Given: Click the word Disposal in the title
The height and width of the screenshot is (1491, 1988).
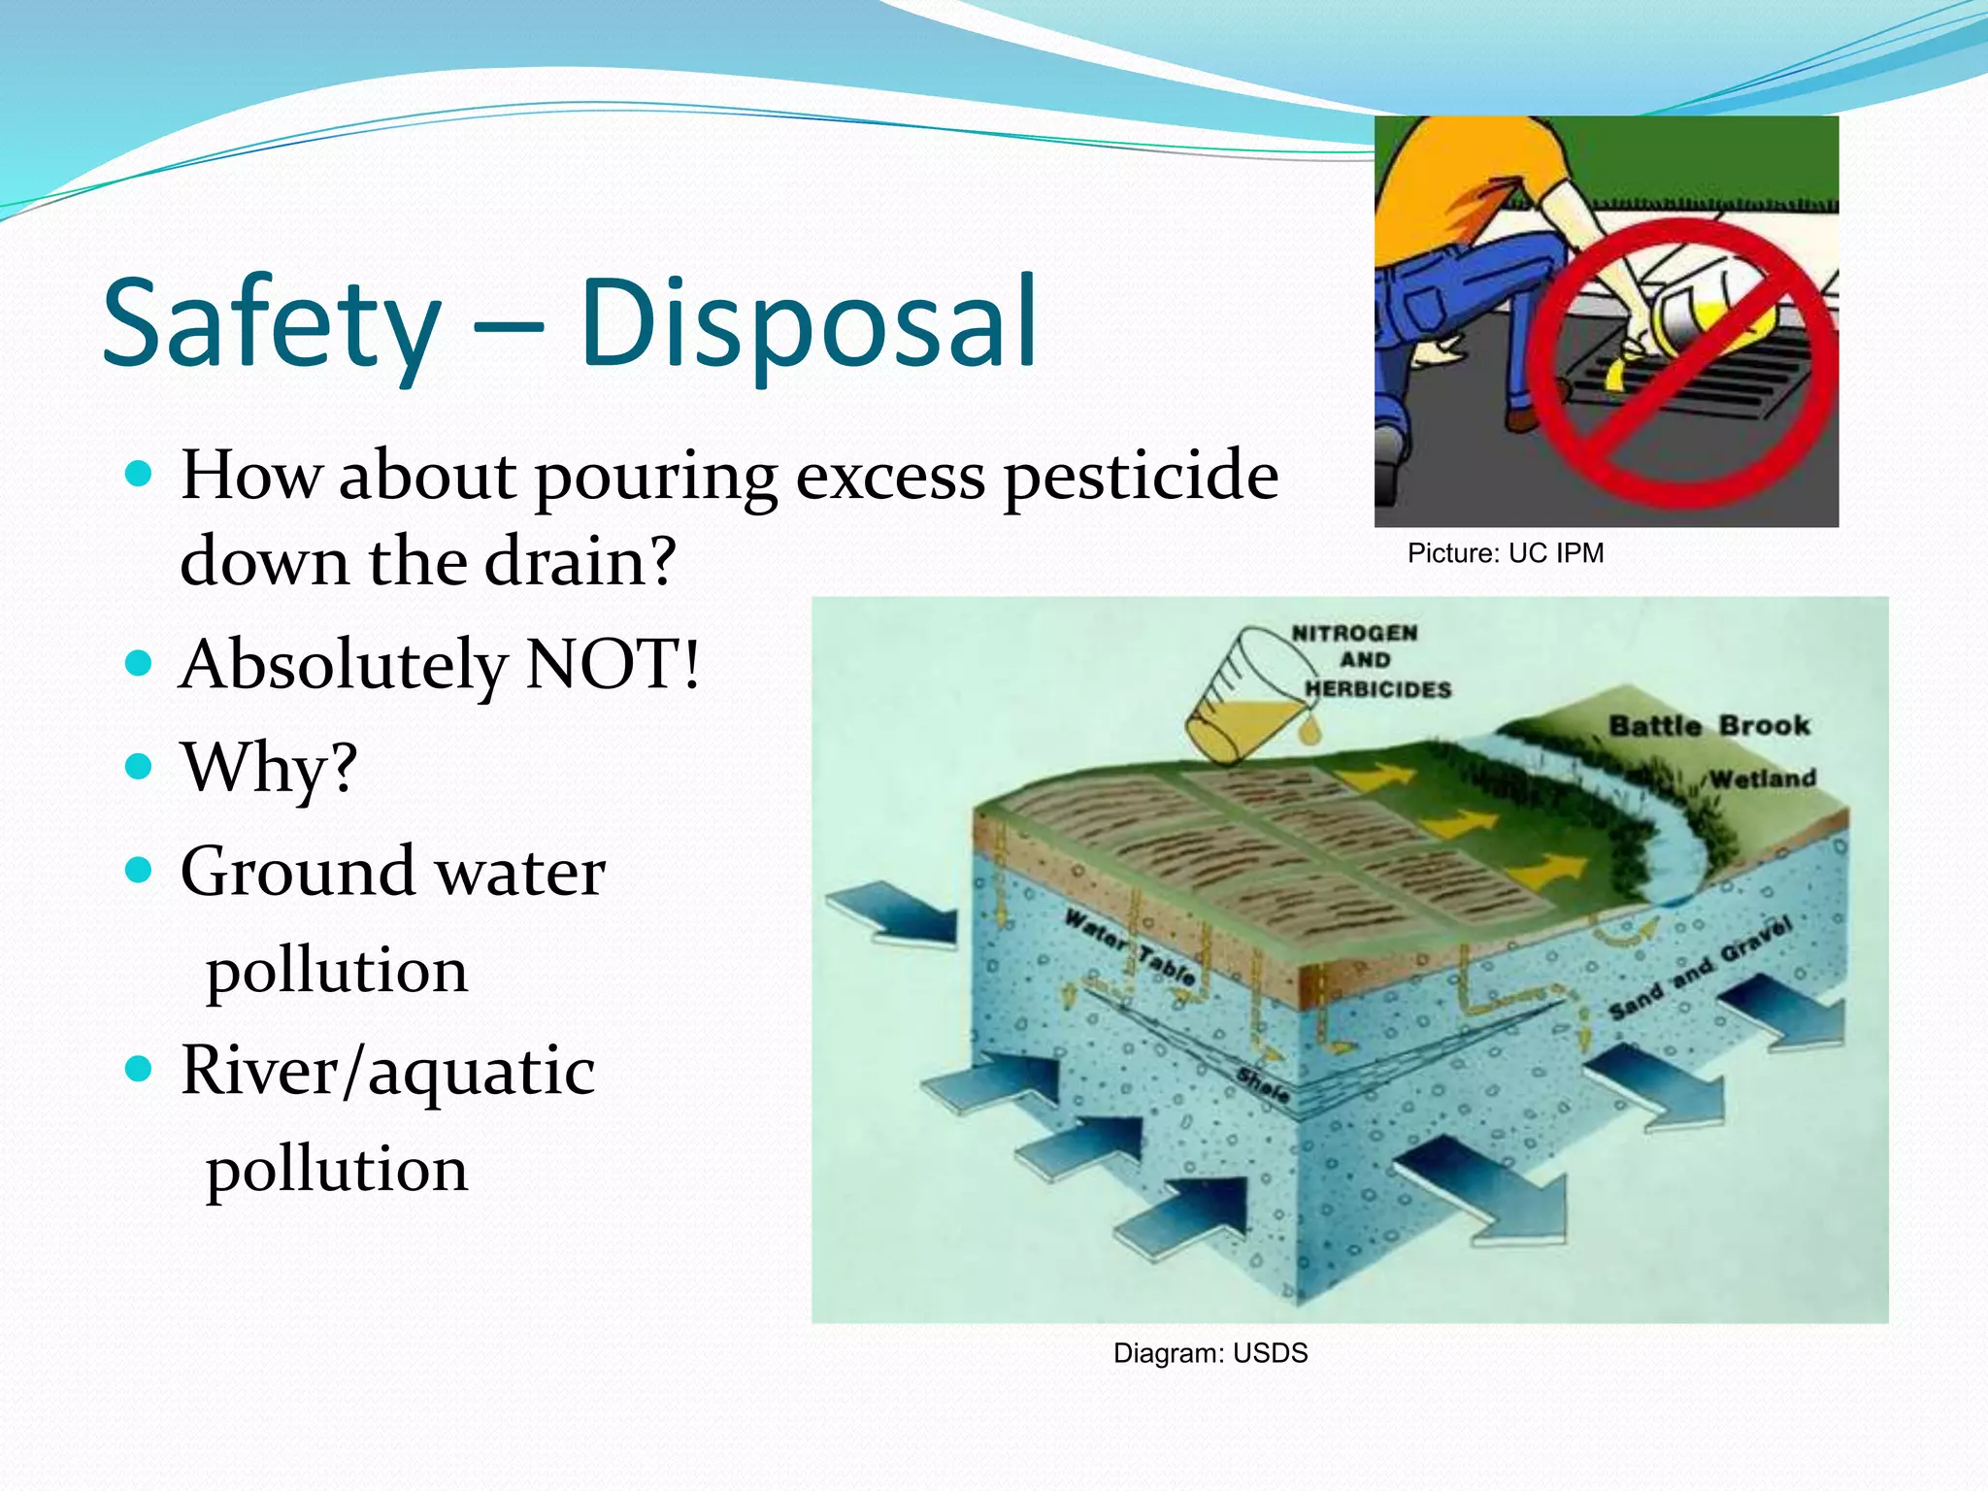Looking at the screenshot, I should coord(809,325).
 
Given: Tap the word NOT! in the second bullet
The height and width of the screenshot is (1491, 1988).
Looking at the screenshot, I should coord(612,666).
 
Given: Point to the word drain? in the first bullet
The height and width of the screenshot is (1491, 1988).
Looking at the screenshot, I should coord(580,562).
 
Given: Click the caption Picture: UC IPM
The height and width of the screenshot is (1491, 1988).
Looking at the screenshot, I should coord(1505,553).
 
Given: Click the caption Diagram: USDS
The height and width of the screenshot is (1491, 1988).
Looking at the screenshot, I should coord(1209,1353).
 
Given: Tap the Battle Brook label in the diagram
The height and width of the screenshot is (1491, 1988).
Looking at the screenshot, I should coord(1708,726).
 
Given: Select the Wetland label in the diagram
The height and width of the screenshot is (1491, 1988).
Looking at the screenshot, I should coord(1762,779).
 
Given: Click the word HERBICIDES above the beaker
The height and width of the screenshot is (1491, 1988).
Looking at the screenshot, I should coord(1377,689).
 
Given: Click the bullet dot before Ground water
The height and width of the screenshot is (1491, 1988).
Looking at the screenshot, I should coord(140,870).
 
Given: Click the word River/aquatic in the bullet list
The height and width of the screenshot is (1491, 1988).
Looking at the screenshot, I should coord(387,1072).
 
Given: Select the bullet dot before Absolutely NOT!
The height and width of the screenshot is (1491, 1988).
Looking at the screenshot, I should coord(140,664).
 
